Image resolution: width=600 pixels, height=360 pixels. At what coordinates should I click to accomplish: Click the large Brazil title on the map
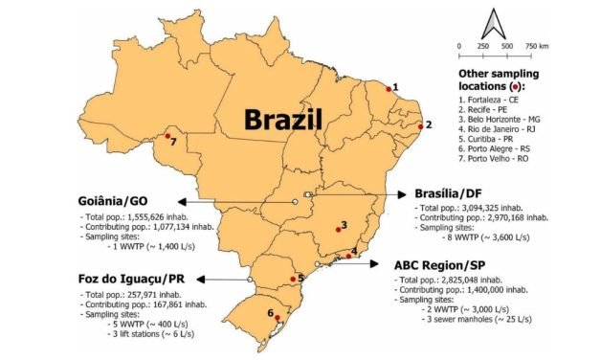[282, 120]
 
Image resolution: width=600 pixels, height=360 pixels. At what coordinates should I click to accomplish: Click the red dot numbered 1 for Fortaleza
[389, 87]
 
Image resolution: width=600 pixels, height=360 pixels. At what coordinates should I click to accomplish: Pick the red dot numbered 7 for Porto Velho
[167, 137]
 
